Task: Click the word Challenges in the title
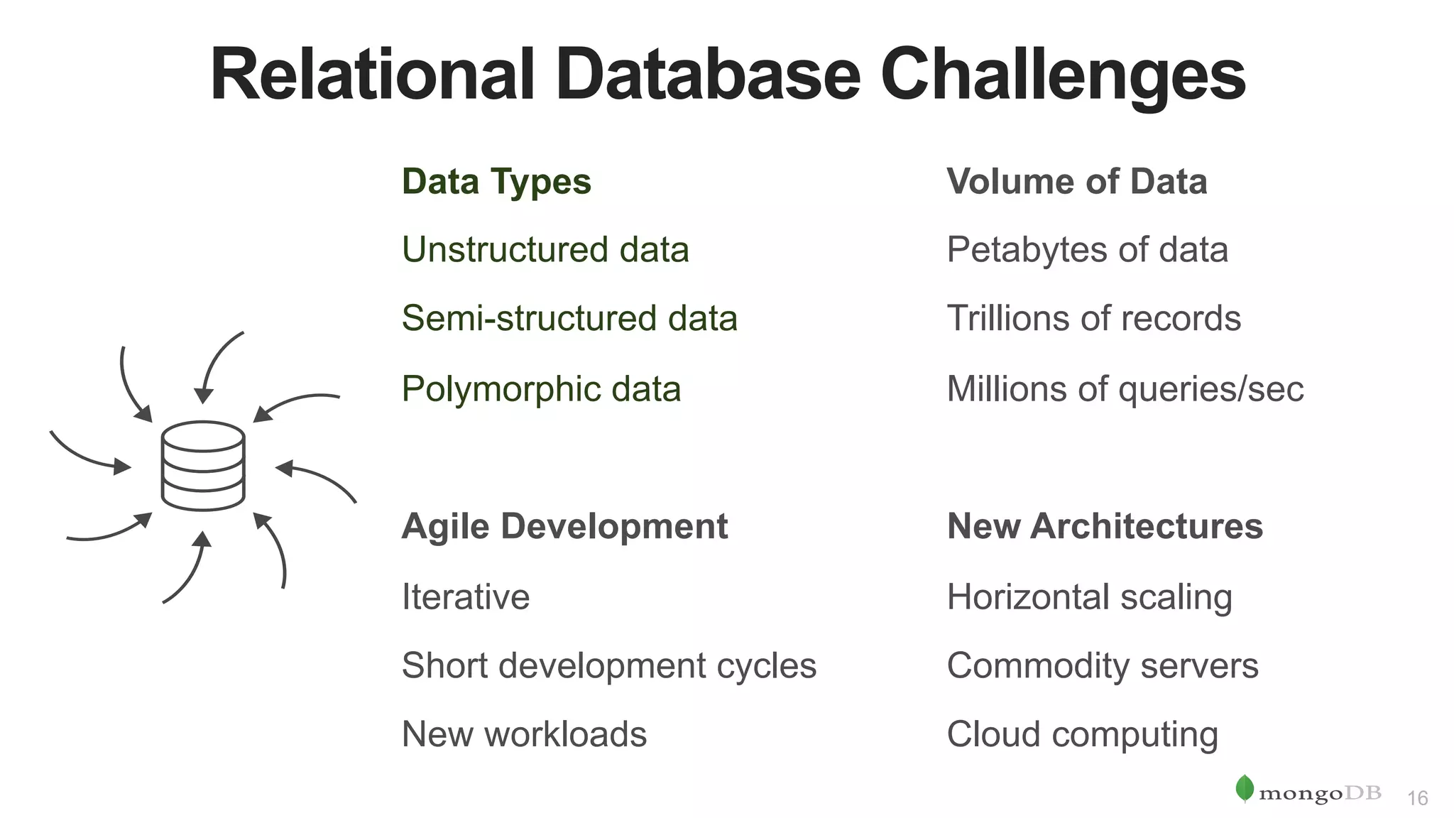click(x=1063, y=75)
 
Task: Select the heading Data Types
click(x=496, y=182)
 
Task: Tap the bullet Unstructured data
click(x=545, y=250)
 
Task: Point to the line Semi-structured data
click(x=569, y=318)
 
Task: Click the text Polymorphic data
click(x=541, y=389)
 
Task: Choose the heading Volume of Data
click(x=1076, y=182)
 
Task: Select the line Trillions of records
click(x=1093, y=318)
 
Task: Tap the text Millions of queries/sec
click(x=1125, y=389)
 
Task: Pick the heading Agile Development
click(x=564, y=527)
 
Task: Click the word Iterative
click(x=466, y=596)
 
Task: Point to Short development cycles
click(x=609, y=666)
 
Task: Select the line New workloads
click(x=524, y=734)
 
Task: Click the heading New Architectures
click(x=1105, y=527)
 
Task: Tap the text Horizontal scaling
click(x=1089, y=596)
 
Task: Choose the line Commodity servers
click(x=1102, y=666)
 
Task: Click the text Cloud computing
click(x=1082, y=734)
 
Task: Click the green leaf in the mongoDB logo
click(x=1245, y=788)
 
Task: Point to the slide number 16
click(x=1417, y=798)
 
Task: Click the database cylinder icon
click(x=203, y=466)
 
